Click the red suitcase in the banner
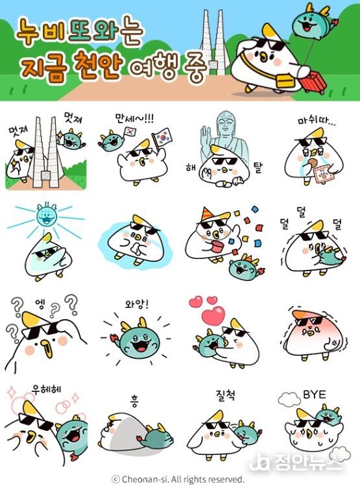pos(313,81)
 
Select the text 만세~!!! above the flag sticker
pos(134,118)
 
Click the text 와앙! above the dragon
pos(137,304)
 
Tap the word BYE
pos(314,395)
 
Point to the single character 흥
pos(134,402)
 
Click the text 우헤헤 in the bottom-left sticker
pos(46,389)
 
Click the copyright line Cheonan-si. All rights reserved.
pos(183,479)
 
